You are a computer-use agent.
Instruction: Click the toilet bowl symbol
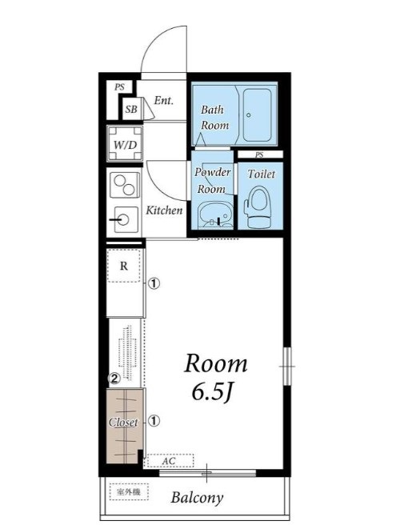click(x=258, y=207)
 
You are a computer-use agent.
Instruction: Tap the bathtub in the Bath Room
click(x=258, y=115)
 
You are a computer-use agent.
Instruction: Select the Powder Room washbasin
click(x=214, y=215)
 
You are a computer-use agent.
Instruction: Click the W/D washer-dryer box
click(x=125, y=144)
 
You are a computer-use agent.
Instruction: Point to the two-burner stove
click(x=125, y=185)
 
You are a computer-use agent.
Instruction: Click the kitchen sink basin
click(x=126, y=219)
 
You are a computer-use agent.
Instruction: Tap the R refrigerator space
click(x=124, y=266)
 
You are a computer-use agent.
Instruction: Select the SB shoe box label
click(x=131, y=109)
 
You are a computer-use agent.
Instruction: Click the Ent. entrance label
click(x=163, y=100)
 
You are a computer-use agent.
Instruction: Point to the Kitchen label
click(x=164, y=210)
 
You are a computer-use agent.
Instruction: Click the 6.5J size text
click(x=213, y=391)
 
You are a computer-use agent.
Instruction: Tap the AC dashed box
click(x=170, y=460)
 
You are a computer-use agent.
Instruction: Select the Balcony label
click(x=197, y=497)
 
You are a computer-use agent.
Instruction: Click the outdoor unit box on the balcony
click(x=129, y=492)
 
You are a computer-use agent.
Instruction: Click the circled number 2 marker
click(x=114, y=379)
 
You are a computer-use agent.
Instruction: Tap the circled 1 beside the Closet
click(x=154, y=421)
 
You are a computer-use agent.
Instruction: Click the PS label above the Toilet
click(x=259, y=154)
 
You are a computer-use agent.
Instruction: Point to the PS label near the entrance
click(x=119, y=87)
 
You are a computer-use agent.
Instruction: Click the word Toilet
click(x=262, y=174)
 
